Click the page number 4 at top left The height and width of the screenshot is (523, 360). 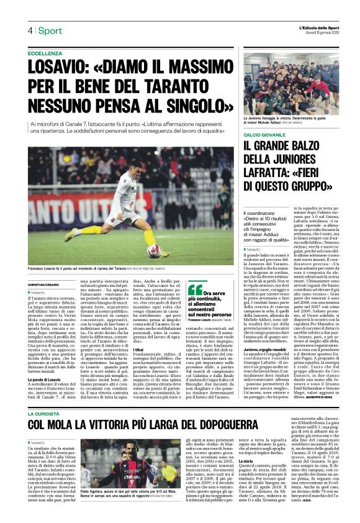pos(30,30)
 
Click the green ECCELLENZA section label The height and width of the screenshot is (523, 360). pos(45,54)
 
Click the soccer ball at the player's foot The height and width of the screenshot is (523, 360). pos(153,251)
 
